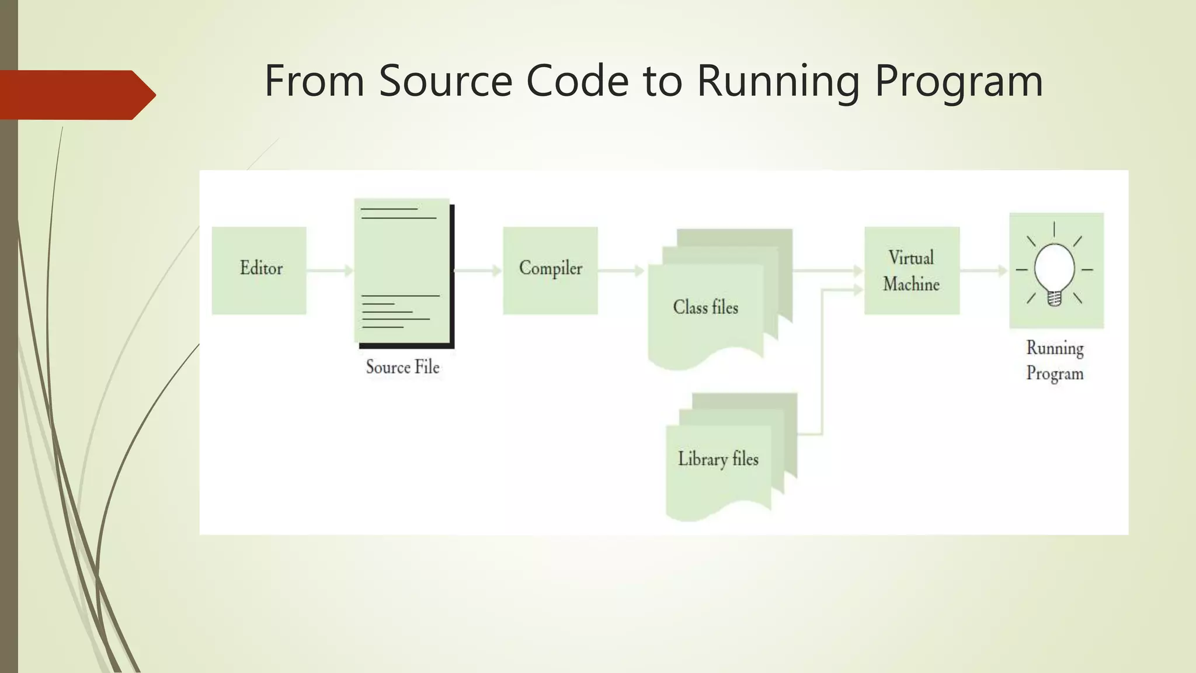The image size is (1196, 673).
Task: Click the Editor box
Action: [x=259, y=270]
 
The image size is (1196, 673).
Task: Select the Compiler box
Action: [x=550, y=270]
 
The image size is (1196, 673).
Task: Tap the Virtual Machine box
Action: [x=912, y=270]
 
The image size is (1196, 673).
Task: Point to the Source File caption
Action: [x=402, y=367]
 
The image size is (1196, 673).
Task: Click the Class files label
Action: [x=705, y=307]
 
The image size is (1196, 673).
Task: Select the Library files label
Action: [x=718, y=459]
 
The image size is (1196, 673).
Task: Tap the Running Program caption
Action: [x=1055, y=360]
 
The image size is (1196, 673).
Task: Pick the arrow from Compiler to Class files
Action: [x=621, y=270]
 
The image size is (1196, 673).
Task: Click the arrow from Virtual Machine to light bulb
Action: [x=984, y=270]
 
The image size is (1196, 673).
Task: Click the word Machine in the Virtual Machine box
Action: [x=911, y=285]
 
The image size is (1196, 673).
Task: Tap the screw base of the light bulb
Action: [x=1054, y=299]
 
